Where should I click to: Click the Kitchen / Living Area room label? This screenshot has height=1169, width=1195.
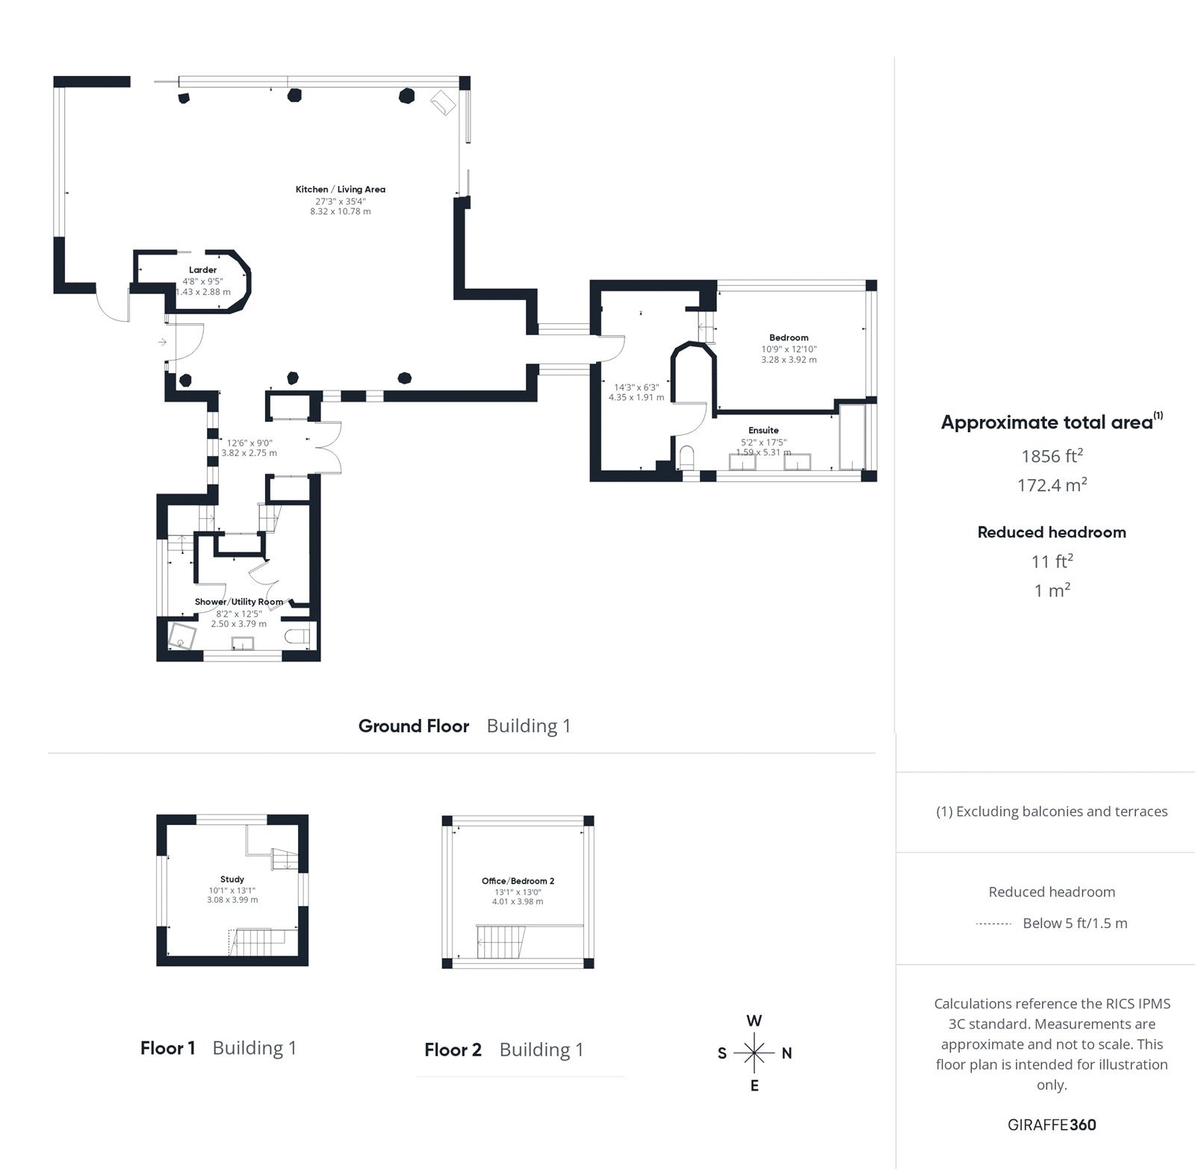pyautogui.click(x=340, y=190)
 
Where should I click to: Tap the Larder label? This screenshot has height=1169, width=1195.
pyautogui.click(x=202, y=270)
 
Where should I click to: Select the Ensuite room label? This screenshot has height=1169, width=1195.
pyautogui.click(x=763, y=431)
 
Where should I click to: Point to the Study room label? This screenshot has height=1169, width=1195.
pyautogui.click(x=232, y=879)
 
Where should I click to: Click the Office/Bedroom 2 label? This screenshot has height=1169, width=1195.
pyautogui.click(x=518, y=881)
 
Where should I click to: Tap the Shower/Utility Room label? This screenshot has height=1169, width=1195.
pyautogui.click(x=239, y=602)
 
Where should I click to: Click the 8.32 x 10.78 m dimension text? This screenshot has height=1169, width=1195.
pyautogui.click(x=341, y=212)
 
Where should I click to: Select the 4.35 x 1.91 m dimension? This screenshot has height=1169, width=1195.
pyautogui.click(x=636, y=398)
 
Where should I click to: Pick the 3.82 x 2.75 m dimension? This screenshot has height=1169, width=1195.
pyautogui.click(x=249, y=453)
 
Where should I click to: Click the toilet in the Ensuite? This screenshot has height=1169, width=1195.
pyautogui.click(x=687, y=455)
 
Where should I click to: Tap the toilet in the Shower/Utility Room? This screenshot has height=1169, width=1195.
pyautogui.click(x=298, y=637)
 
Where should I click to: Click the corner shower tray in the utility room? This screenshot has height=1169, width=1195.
pyautogui.click(x=182, y=637)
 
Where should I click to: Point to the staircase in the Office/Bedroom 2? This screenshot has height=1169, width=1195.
pyautogui.click(x=500, y=941)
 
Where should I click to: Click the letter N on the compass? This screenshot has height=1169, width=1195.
pyautogui.click(x=786, y=1054)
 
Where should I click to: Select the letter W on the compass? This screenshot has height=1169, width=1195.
pyautogui.click(x=754, y=1021)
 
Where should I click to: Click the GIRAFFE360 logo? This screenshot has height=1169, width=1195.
pyautogui.click(x=1052, y=1125)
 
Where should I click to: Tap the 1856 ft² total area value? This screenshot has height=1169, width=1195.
pyautogui.click(x=1052, y=456)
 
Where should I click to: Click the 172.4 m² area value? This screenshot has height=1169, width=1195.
pyautogui.click(x=1052, y=485)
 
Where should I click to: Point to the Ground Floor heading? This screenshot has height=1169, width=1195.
pyautogui.click(x=414, y=726)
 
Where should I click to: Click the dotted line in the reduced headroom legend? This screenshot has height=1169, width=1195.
pyautogui.click(x=993, y=924)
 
